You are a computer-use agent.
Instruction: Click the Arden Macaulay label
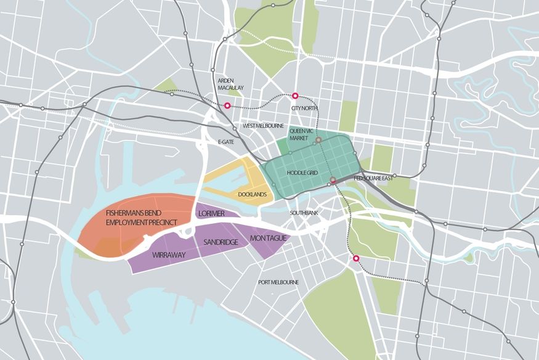231,84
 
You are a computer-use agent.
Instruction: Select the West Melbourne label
263,126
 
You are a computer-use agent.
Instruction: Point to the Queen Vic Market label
301,134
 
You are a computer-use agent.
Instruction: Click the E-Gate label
227,142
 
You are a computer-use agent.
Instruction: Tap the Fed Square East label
375,179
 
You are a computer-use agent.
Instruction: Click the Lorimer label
211,213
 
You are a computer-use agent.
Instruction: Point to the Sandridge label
220,243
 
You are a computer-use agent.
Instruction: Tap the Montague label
266,237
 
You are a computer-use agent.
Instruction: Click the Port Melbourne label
278,282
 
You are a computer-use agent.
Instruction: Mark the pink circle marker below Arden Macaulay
228,105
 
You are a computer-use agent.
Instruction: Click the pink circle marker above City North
295,96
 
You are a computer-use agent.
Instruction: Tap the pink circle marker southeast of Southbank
355,258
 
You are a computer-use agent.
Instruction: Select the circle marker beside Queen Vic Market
318,141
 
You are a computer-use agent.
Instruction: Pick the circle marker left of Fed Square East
333,181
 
